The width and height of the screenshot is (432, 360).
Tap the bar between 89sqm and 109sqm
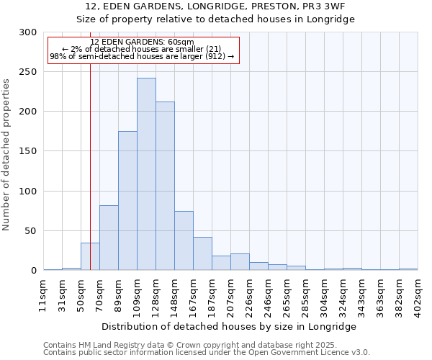point(127,201)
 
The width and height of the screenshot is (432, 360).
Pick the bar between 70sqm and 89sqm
point(109,238)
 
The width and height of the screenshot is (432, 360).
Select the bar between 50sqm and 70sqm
point(90,256)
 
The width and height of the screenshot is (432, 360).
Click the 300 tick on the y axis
point(28,32)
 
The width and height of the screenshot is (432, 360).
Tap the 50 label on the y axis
point(31,231)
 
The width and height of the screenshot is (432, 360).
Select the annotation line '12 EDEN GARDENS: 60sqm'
point(142,42)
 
